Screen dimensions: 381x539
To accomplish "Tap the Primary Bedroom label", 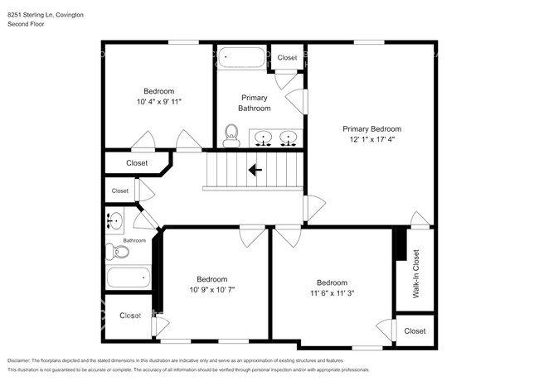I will pos(372,128).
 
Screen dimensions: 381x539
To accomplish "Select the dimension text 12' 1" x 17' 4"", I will pos(372,140).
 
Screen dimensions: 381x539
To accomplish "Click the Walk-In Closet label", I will pos(415,274).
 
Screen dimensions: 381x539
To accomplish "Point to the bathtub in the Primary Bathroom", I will pos(241,59).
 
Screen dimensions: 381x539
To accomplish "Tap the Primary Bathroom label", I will pos(254,103).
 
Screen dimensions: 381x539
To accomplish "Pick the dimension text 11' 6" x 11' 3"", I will pos(332,292).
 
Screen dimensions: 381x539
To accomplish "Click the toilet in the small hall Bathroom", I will pos(113,250).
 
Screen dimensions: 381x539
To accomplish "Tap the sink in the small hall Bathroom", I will pos(115,221).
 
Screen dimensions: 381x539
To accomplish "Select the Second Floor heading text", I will pos(26,25).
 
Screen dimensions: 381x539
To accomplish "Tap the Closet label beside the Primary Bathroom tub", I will pos(287,57).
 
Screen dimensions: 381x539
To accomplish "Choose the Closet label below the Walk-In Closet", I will pos(415,330).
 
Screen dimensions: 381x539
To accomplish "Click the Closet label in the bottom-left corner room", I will pos(129,316).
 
